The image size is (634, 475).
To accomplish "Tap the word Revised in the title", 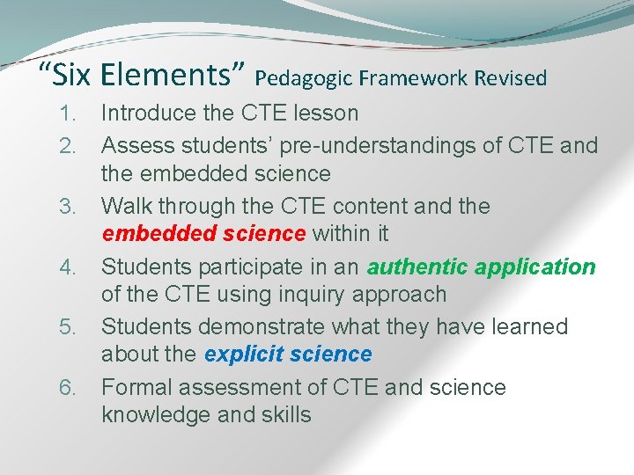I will point(511,78).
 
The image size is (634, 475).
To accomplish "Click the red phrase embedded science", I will point(203,234).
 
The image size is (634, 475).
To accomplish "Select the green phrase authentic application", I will point(482,267).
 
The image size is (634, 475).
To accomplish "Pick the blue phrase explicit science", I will point(288,354).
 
